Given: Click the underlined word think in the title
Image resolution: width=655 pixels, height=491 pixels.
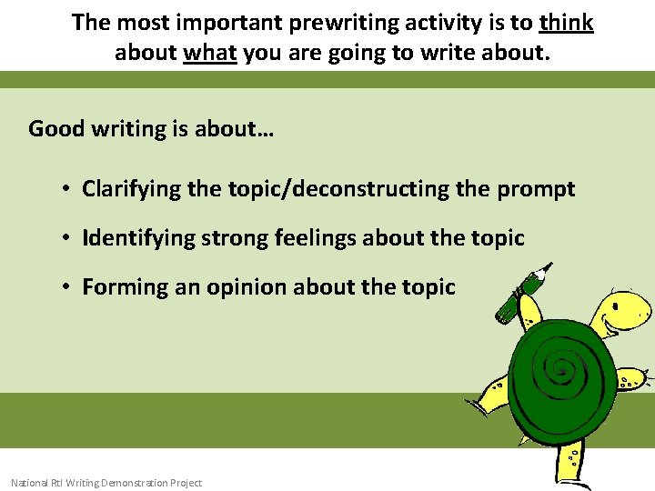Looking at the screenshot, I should pyautogui.click(x=566, y=22).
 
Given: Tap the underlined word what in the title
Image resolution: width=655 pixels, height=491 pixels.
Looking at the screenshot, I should pyautogui.click(x=209, y=53).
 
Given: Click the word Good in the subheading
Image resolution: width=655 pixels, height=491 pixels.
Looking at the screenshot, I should pyautogui.click(x=55, y=128).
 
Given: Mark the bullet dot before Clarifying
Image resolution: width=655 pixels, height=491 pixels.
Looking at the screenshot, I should pyautogui.click(x=67, y=189).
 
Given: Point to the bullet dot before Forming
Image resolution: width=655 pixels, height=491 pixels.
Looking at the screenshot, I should pyautogui.click(x=67, y=287).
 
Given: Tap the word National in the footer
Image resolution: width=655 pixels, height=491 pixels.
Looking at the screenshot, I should pyautogui.click(x=31, y=483).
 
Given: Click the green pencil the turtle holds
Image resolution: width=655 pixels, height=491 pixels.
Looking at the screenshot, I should pyautogui.click(x=523, y=293).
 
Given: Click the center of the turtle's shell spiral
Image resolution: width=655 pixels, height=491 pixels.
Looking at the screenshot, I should pyautogui.click(x=565, y=369).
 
